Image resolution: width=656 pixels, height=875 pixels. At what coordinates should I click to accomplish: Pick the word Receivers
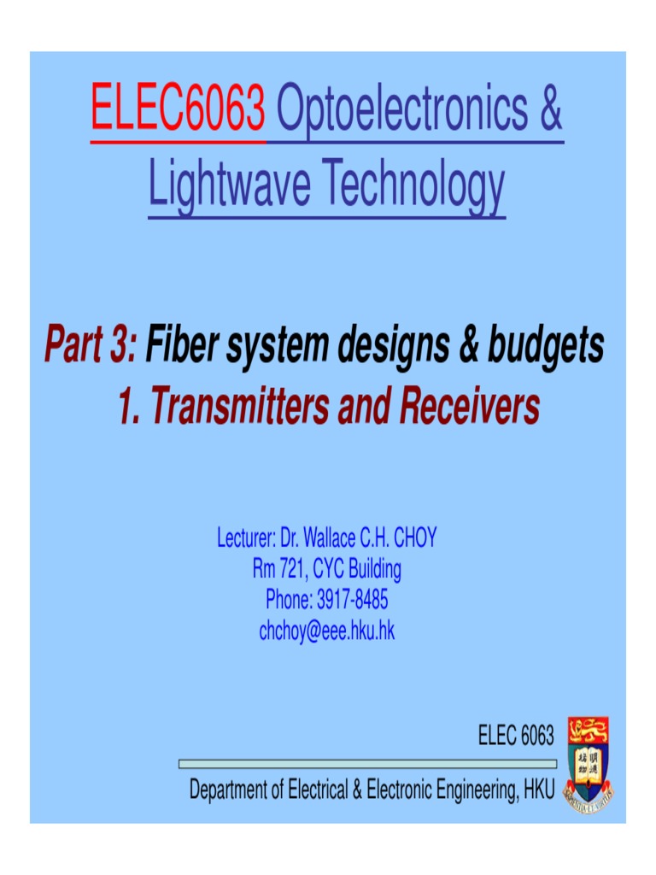coord(468,407)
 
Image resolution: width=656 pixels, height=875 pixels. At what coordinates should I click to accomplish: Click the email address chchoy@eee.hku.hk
coord(327,631)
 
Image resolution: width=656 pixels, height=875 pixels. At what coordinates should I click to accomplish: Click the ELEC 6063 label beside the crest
coord(516,735)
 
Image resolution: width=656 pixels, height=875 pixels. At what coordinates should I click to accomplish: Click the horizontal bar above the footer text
coord(367,763)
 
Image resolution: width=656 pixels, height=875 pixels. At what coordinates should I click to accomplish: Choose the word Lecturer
coord(244,538)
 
